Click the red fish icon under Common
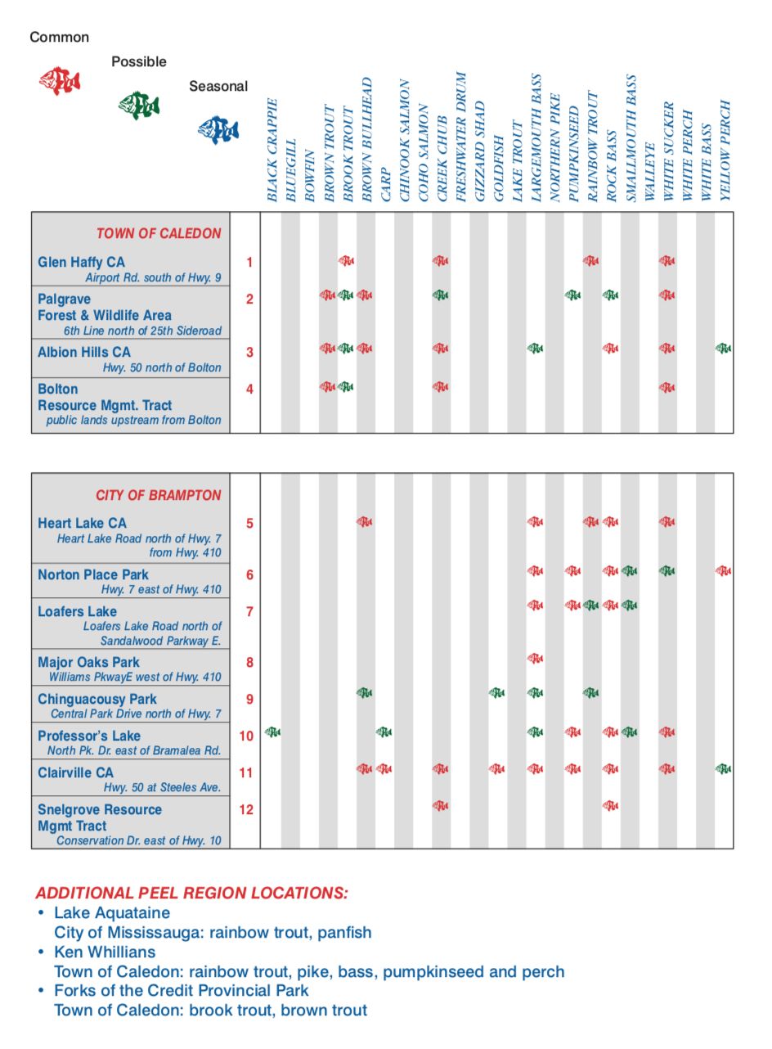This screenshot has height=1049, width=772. (60, 81)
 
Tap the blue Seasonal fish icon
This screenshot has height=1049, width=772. (218, 129)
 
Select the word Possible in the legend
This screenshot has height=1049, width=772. (138, 61)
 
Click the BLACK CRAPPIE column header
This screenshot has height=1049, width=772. (272, 151)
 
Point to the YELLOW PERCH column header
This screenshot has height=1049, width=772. (725, 151)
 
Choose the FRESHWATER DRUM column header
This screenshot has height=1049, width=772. (460, 136)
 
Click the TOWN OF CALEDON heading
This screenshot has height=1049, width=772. (159, 233)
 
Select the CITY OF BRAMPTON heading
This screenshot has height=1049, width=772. (158, 495)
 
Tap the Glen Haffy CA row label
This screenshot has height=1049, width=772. (82, 262)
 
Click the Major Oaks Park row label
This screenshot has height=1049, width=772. (88, 662)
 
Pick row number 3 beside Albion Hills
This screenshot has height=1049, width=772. (249, 352)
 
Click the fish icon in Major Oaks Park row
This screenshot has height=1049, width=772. (535, 658)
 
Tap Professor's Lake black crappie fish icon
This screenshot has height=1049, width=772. (272, 732)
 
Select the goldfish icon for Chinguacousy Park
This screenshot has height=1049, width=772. (497, 693)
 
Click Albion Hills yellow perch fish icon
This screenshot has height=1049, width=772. (724, 349)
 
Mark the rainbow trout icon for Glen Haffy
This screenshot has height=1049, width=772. (591, 261)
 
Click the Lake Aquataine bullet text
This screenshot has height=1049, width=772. (112, 912)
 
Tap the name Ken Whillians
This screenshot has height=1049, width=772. (105, 952)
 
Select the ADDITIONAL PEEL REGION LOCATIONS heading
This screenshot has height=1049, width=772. (191, 893)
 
